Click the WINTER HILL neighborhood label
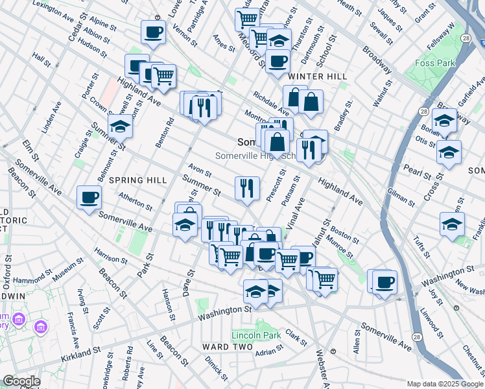click(x=318, y=77)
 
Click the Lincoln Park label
click(x=256, y=335)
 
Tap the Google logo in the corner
click(x=21, y=381)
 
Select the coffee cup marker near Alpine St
click(x=153, y=32)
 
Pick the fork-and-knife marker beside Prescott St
click(x=247, y=189)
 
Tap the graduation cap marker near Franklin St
click(x=452, y=224)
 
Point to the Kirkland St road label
click(x=82, y=353)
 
